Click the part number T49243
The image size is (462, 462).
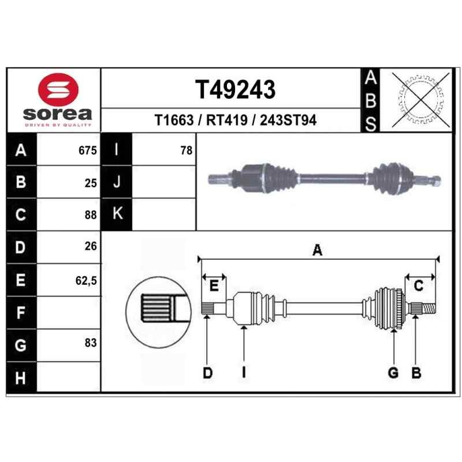[235, 90]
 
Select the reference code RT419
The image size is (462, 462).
[226, 120]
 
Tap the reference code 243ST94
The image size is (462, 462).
[288, 120]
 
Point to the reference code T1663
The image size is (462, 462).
[174, 120]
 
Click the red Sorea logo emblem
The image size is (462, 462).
[58, 90]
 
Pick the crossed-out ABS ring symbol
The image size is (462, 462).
[421, 99]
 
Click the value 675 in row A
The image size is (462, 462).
[88, 151]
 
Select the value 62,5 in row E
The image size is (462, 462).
[86, 281]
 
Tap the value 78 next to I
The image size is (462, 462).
[187, 151]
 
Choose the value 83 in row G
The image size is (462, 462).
[91, 342]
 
